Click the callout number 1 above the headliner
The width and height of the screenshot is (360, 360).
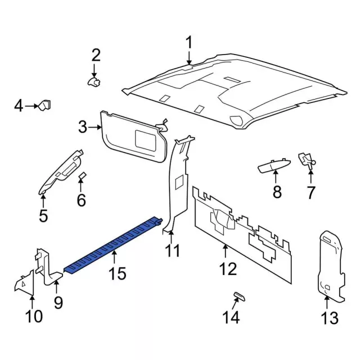(x=189, y=43)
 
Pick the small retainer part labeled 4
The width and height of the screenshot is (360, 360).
(x=44, y=105)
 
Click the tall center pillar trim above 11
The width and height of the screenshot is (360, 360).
(x=178, y=180)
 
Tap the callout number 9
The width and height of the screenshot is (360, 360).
(x=58, y=303)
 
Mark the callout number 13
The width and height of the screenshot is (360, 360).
(x=330, y=318)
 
